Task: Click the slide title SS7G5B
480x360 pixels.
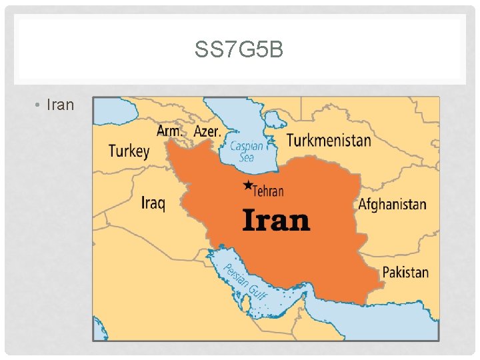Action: pyautogui.click(x=239, y=49)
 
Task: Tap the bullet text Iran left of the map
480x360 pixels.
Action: pyautogui.click(x=61, y=105)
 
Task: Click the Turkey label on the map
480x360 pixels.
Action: pyautogui.click(x=129, y=151)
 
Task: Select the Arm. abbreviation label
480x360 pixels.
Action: pyautogui.click(x=169, y=131)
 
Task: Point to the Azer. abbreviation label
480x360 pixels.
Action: pyautogui.click(x=207, y=131)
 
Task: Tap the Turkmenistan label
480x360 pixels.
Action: pyautogui.click(x=329, y=140)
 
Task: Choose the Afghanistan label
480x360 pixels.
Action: pyautogui.click(x=392, y=204)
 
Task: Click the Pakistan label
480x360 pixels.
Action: pyautogui.click(x=405, y=272)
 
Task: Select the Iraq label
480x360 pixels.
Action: pyautogui.click(x=153, y=201)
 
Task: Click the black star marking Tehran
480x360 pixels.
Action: pyautogui.click(x=248, y=185)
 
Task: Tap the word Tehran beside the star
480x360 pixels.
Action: pyautogui.click(x=269, y=191)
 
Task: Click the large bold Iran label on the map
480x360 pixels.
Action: pyautogui.click(x=276, y=219)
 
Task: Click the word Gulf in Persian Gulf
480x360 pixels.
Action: pyautogui.click(x=256, y=291)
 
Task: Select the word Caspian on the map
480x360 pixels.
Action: pyautogui.click(x=247, y=146)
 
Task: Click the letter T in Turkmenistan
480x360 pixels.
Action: pyautogui.click(x=291, y=139)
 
